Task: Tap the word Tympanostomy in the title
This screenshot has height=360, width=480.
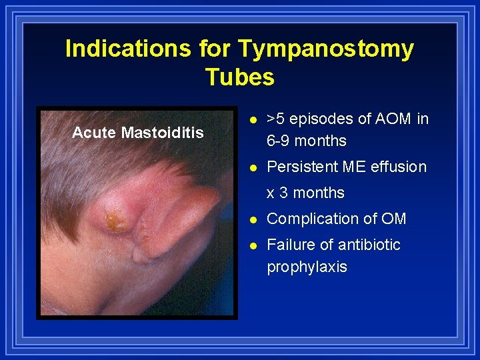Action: (325, 49)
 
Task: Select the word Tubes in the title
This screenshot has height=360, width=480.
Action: (239, 77)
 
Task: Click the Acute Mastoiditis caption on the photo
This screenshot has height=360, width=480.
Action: (138, 133)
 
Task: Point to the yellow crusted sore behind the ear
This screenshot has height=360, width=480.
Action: (115, 220)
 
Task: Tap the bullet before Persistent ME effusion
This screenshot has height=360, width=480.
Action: (251, 167)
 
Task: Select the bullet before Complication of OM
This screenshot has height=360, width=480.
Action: (251, 219)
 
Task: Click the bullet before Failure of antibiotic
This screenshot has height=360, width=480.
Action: (251, 245)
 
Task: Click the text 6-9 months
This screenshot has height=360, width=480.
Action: (306, 141)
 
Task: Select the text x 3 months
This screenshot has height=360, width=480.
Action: (305, 193)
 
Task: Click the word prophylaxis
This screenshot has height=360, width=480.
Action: (307, 267)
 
